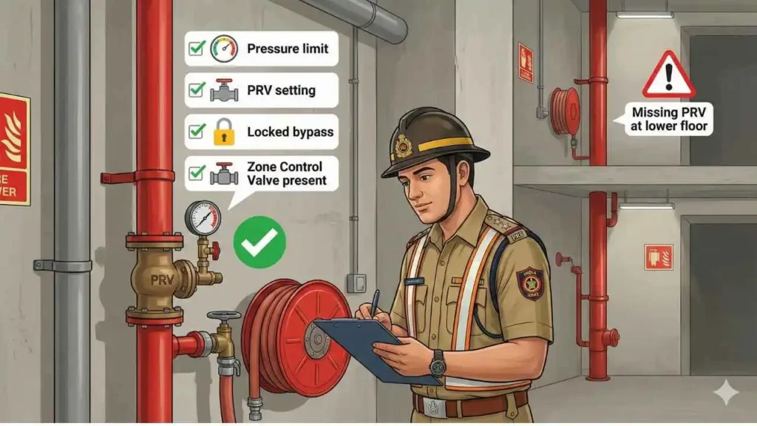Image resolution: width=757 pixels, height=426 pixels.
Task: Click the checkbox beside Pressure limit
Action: [x=197, y=49]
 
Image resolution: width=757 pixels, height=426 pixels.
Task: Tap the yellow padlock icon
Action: [x=223, y=132]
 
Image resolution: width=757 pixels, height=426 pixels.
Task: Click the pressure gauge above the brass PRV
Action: [x=203, y=218]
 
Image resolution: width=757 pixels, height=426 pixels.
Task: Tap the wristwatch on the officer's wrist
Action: [x=438, y=363]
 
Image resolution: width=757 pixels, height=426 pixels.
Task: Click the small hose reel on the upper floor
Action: [x=566, y=111]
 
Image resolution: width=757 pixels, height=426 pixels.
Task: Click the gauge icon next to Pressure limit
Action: [x=225, y=49]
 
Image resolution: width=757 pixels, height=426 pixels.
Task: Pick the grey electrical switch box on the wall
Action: [x=356, y=283]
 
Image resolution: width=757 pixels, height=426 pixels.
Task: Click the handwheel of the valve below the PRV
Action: [x=223, y=316]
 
